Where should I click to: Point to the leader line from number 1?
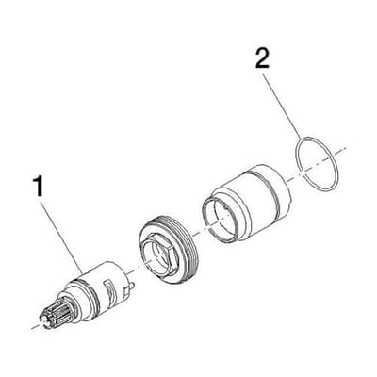point(61,237)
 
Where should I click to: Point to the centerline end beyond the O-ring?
point(346,148)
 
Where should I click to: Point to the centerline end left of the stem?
point(32,329)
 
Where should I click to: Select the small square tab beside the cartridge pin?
point(126,291)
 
